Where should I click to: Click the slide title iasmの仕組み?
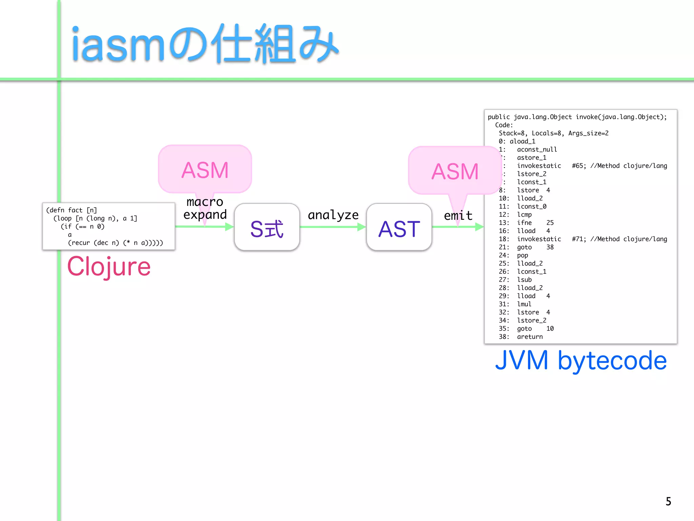coord(205,44)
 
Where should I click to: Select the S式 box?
coord(267,228)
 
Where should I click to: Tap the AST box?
coord(399,228)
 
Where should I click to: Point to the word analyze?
coord(333,215)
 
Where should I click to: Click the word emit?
coord(458,215)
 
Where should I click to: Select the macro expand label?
coord(205,208)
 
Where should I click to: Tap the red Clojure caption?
coord(109,267)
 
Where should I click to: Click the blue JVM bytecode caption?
coord(581,360)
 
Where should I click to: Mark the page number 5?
coord(668,501)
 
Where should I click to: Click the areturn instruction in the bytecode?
coord(530,337)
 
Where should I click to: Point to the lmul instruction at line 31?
coord(524,304)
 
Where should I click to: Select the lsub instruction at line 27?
coord(524,280)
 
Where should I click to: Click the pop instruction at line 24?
coord(522,255)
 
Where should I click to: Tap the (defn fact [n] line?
coord(72,210)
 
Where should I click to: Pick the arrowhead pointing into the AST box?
coord(362,227)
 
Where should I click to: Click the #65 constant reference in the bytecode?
coord(578,166)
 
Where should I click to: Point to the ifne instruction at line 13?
coord(524,223)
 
